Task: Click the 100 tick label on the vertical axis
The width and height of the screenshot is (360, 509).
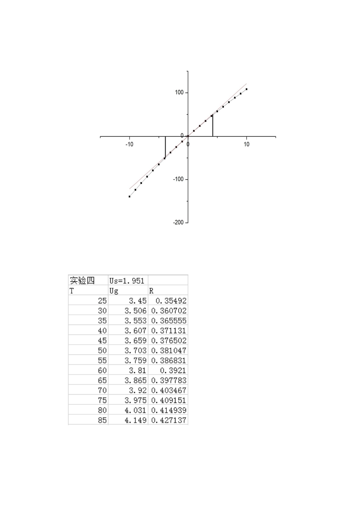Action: [179, 93]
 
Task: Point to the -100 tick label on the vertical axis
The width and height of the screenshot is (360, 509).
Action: [178, 179]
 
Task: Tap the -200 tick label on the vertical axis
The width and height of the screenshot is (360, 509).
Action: [178, 223]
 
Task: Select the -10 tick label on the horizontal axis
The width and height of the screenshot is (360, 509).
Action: [129, 144]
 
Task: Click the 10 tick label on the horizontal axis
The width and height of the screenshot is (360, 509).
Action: [247, 144]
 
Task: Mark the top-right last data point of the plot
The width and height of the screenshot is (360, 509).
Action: [247, 89]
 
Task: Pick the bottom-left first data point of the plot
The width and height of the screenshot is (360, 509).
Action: [130, 197]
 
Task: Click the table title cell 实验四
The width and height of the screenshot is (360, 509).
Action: [82, 281]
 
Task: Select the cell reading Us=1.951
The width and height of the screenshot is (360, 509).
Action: [127, 281]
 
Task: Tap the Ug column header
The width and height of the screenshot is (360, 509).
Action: [114, 291]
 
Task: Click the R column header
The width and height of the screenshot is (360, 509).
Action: [152, 291]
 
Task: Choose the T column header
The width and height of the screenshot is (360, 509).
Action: [72, 291]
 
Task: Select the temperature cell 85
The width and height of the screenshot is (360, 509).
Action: [102, 420]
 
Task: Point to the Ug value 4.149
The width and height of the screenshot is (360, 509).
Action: [135, 420]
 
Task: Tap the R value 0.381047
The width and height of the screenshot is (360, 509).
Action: [169, 351]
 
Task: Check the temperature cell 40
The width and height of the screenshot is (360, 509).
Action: [102, 331]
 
